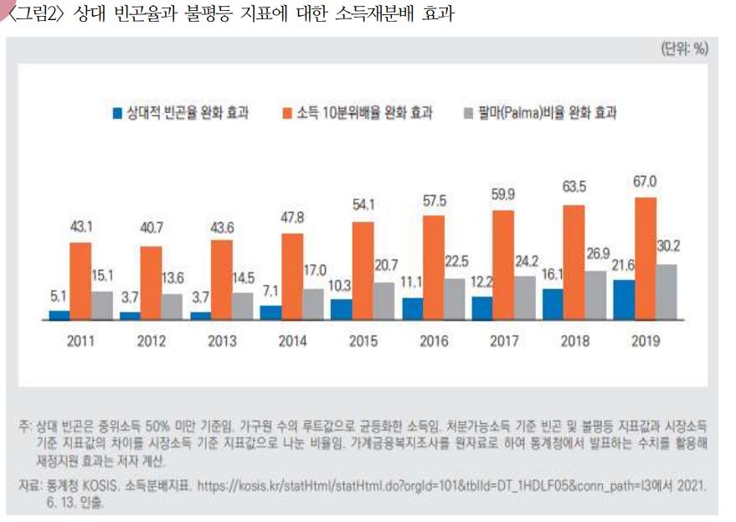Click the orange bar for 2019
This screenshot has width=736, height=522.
point(646,259)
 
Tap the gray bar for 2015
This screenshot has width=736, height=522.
point(383,301)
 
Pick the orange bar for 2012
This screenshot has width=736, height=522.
point(151,283)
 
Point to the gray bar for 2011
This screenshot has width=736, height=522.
point(100,306)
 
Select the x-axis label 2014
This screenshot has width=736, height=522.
point(292,341)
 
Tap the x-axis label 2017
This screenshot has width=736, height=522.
point(504,341)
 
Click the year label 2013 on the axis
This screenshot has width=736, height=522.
point(221,341)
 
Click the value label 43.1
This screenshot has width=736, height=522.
point(80,227)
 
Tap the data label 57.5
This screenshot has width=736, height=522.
point(434,200)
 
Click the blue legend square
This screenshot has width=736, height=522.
point(116,113)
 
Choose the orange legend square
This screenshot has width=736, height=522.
point(287,113)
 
